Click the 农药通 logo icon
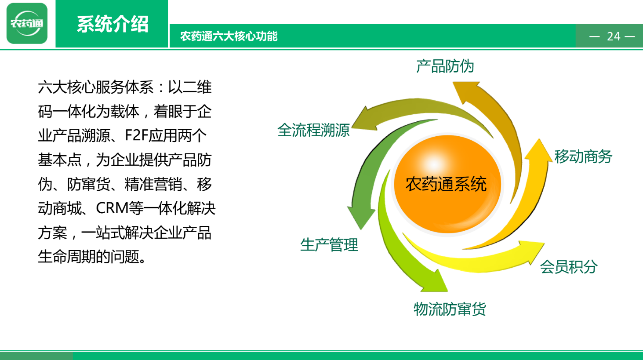[x=27, y=23]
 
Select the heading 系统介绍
[x=113, y=24]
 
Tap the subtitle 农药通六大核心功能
[x=229, y=36]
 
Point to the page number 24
[x=614, y=36]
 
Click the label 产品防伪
[x=445, y=66]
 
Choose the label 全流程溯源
[x=313, y=130]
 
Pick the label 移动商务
[x=583, y=157]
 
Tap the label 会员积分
[x=569, y=267]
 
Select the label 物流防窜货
[x=450, y=309]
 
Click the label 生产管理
[x=329, y=245]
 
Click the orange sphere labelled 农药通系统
[x=447, y=184]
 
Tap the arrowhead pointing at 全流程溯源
[x=363, y=120]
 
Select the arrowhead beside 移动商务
[x=539, y=150]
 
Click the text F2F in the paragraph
[x=136, y=135]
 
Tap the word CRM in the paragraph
[x=112, y=208]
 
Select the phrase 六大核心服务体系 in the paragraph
[x=95, y=87]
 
